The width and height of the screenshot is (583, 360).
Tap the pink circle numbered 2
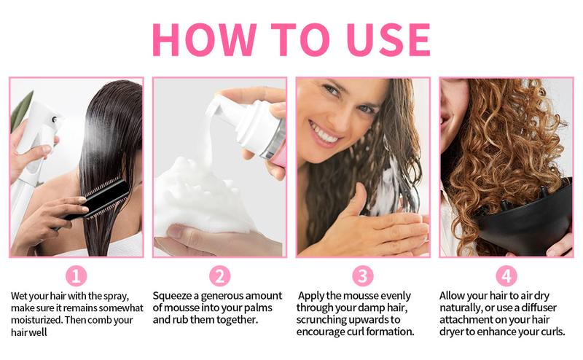click(x=219, y=276)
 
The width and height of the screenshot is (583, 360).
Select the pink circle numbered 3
click(x=362, y=276)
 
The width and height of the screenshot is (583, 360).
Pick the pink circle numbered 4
click(x=506, y=276)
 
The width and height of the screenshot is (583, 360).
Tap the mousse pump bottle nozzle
click(x=219, y=106)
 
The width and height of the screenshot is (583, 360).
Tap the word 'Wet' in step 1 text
click(x=20, y=296)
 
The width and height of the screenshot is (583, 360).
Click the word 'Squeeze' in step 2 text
click(x=174, y=296)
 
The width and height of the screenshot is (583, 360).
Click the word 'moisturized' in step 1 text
click(x=39, y=319)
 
